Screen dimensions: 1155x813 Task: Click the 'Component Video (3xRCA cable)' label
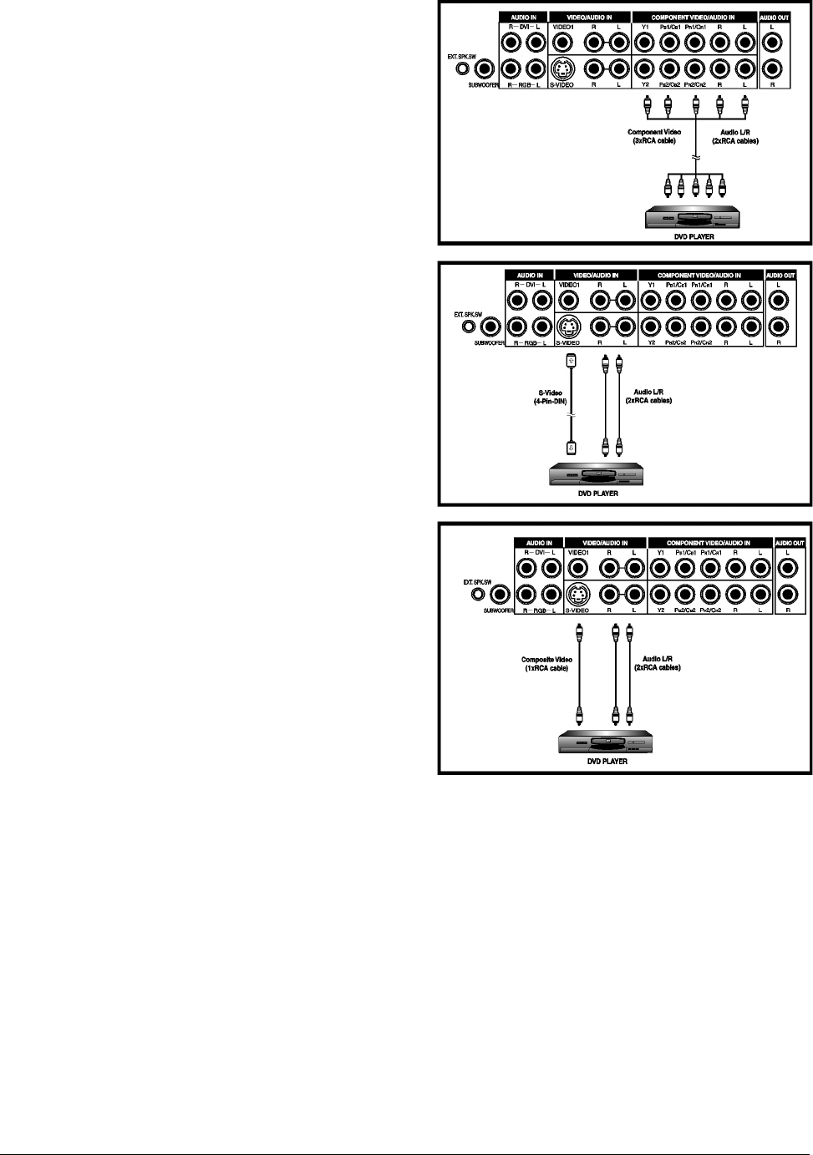coord(654,136)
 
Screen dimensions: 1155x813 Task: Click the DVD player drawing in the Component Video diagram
coord(695,219)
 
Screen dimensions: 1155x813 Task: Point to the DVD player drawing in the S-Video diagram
coord(595,476)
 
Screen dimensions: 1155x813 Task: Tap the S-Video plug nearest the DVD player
coord(572,445)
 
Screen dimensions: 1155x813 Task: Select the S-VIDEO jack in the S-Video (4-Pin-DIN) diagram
coord(567,326)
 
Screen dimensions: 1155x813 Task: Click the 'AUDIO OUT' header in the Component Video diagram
coord(775,17)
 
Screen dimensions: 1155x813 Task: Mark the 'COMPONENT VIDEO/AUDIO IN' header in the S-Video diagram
coord(700,275)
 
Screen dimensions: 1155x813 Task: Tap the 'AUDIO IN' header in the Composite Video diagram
coord(539,543)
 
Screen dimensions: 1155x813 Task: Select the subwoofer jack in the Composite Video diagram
coord(500,595)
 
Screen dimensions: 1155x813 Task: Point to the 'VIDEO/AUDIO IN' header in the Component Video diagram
coord(589,17)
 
